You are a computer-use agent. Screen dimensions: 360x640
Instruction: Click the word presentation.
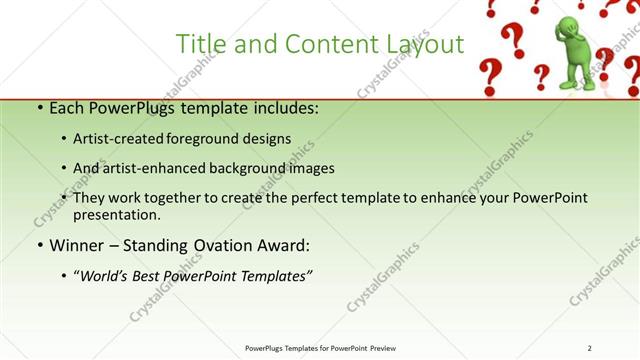(x=116, y=215)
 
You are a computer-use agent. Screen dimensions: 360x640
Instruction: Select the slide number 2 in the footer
(x=590, y=348)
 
